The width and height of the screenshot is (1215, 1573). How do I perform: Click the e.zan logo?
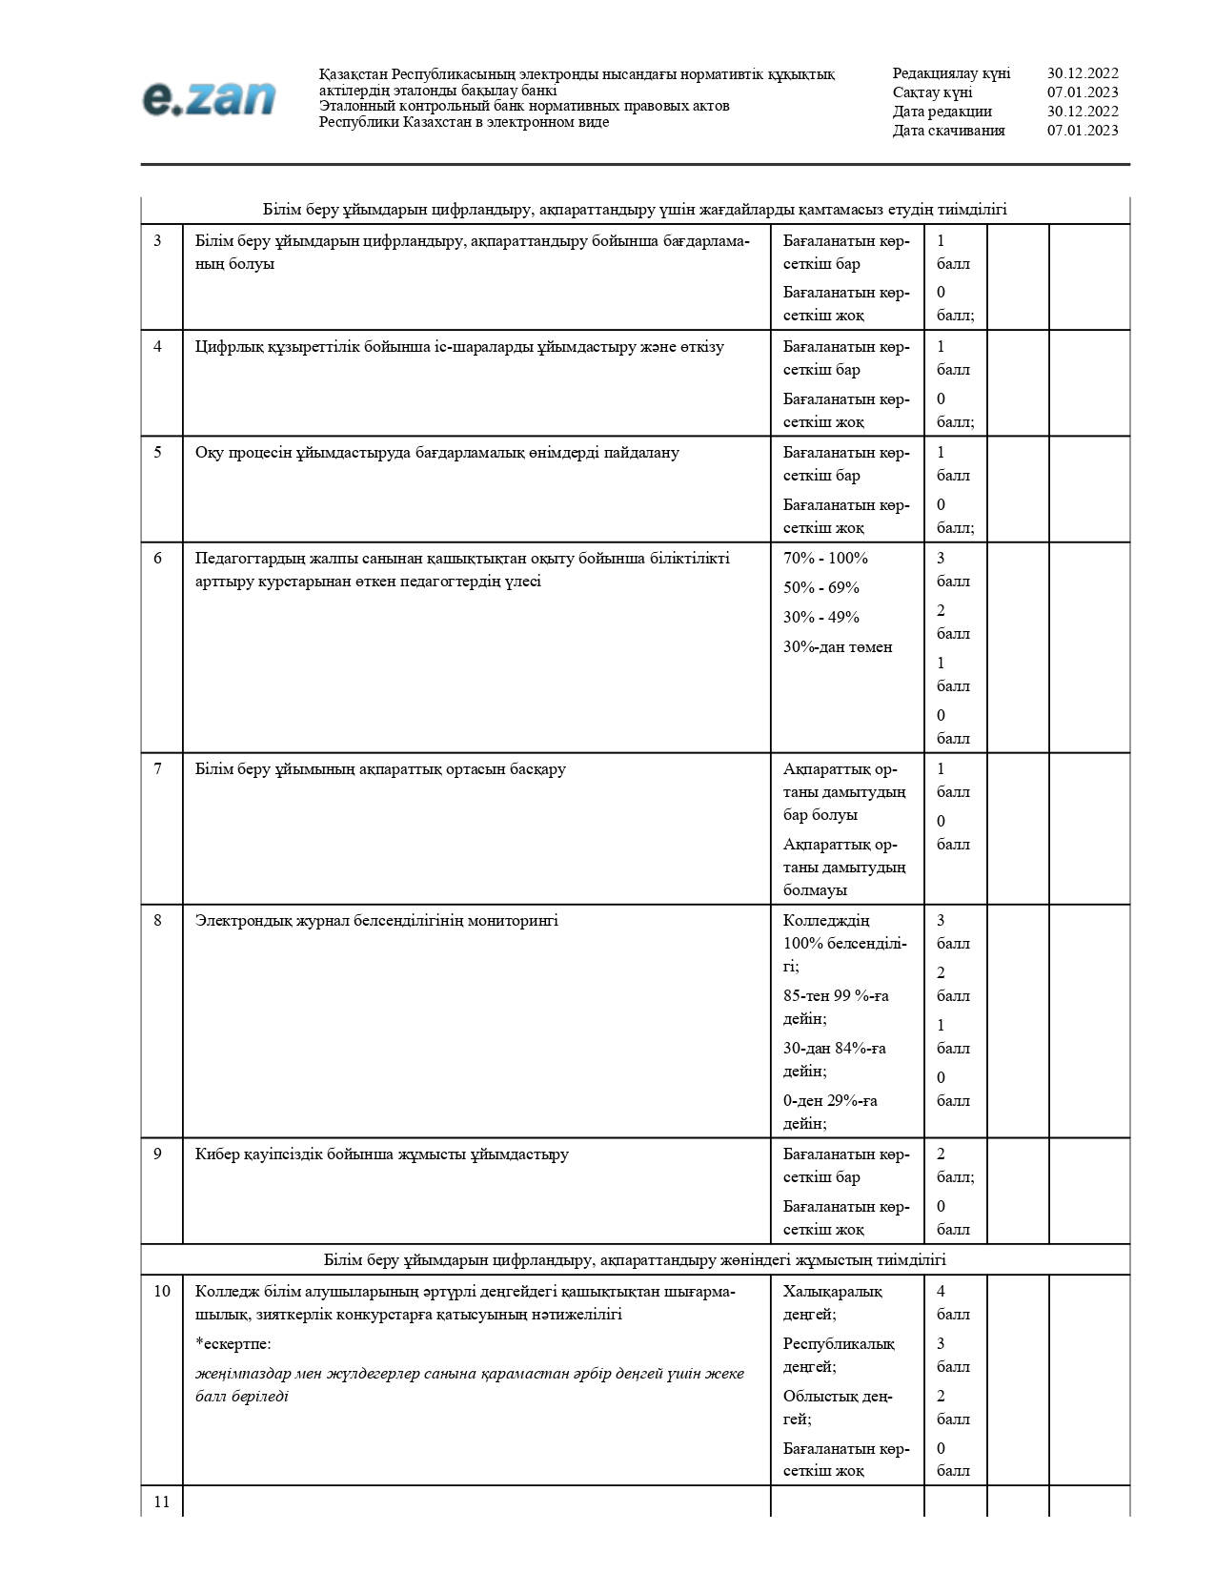tap(209, 99)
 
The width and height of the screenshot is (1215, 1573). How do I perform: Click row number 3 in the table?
tap(158, 241)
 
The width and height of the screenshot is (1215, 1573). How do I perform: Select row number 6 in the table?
tap(158, 559)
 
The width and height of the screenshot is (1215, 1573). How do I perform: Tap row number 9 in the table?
tap(158, 1154)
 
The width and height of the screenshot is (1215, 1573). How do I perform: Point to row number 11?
tap(162, 1502)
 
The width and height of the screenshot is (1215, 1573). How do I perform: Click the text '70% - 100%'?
tap(825, 559)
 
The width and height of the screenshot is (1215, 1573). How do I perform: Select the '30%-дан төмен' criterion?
tap(838, 647)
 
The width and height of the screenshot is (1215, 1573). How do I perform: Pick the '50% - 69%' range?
tap(820, 588)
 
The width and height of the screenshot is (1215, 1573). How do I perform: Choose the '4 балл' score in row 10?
tap(952, 1303)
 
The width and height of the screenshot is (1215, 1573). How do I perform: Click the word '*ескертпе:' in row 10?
tap(233, 1344)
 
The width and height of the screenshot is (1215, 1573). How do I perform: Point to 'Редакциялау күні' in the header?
tap(951, 73)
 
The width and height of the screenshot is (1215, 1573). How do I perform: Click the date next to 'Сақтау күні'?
tap(1083, 92)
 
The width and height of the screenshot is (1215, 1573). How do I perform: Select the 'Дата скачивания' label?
tap(948, 131)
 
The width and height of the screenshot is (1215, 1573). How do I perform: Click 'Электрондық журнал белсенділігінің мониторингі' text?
tap(376, 921)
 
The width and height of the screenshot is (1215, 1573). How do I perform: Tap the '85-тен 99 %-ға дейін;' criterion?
tap(835, 1008)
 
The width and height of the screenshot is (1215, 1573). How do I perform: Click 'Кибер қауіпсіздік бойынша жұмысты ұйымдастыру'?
tap(381, 1154)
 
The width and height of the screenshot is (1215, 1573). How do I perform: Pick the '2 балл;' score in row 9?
tap(954, 1166)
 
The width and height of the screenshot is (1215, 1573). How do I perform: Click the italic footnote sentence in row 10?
tap(469, 1385)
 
